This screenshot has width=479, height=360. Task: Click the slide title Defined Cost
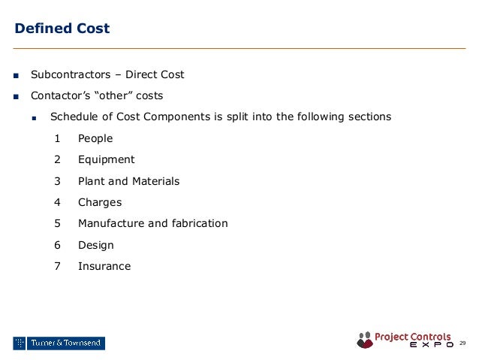tap(62, 29)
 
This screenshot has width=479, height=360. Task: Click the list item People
tap(95, 138)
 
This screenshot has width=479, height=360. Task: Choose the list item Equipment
tap(106, 159)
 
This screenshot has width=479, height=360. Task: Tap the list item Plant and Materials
tap(128, 181)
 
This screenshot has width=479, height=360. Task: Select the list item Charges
tap(99, 202)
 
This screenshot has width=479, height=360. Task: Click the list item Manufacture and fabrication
tap(152, 223)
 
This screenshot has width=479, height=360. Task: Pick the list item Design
tap(96, 245)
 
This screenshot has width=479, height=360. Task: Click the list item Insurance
tap(104, 266)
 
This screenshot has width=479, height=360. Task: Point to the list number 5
tap(58, 223)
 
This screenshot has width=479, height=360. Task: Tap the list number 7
tap(58, 266)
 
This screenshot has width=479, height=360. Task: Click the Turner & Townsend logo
tap(59, 343)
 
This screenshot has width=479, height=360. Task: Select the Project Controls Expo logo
tap(405, 340)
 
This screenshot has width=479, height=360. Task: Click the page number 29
tap(462, 343)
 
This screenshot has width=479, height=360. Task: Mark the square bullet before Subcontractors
tap(16, 75)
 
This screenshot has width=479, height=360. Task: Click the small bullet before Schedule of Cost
tap(35, 118)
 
